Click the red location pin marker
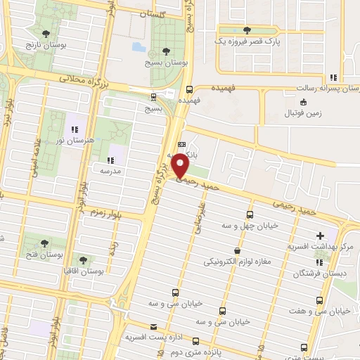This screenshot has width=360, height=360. (x=181, y=165)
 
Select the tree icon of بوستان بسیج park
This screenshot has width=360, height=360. (x=165, y=51)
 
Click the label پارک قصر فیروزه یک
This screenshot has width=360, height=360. (x=246, y=41)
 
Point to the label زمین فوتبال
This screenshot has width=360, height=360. (x=302, y=112)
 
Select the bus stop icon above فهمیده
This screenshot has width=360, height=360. (x=188, y=89)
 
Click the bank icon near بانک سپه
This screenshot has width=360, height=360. (x=182, y=143)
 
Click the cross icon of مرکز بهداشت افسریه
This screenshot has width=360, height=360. (x=321, y=236)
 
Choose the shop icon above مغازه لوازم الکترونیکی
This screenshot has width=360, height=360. (x=237, y=250)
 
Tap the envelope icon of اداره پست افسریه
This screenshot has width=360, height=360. (x=154, y=326)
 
